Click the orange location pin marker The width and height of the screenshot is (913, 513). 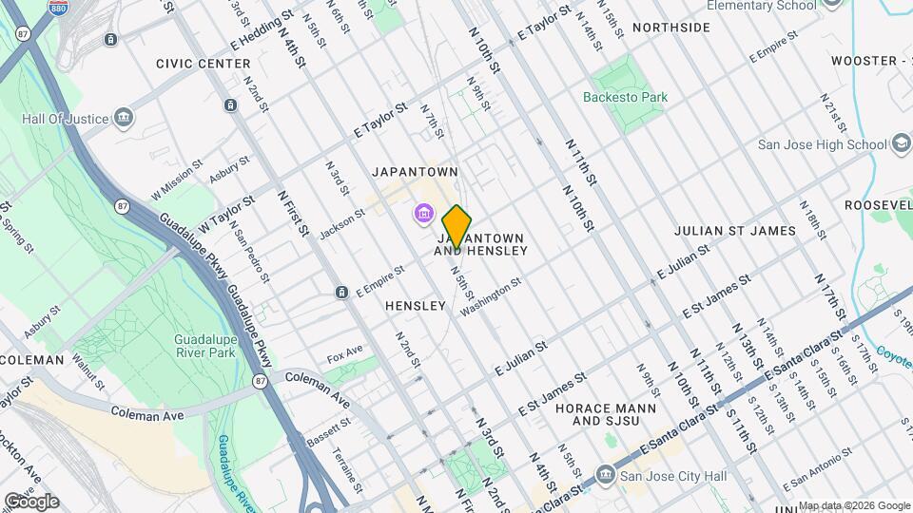point(457,227)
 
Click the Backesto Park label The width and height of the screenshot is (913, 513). point(625,97)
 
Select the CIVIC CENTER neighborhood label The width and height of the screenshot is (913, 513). point(203,64)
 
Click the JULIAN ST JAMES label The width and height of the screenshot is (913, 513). point(734,230)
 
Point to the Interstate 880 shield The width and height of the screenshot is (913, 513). point(59,7)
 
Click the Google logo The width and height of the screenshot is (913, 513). point(31,500)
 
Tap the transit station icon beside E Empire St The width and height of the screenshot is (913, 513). point(340,292)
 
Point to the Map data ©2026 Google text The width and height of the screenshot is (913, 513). point(853,505)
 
